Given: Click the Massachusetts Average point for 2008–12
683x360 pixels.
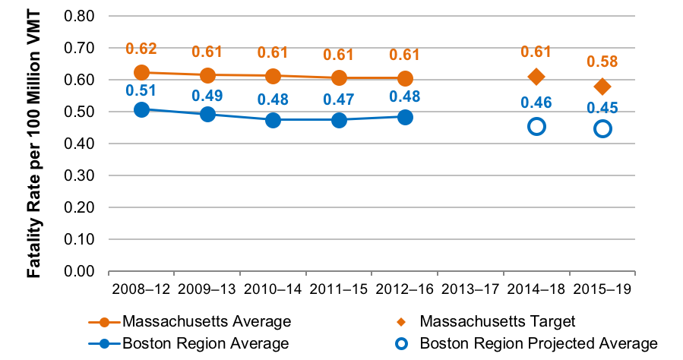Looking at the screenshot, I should [141, 73].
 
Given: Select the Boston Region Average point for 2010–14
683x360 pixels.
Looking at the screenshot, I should [274, 120].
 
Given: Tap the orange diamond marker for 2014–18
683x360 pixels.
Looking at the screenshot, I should [536, 77].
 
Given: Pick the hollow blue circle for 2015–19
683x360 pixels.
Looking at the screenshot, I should [602, 128].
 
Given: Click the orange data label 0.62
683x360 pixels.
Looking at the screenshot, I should [141, 49].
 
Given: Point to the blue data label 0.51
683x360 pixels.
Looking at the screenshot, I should [141, 91].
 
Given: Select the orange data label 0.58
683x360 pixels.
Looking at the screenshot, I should [602, 62].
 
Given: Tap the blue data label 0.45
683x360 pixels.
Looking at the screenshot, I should [602, 108].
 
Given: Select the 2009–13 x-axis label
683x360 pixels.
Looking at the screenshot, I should [207, 289].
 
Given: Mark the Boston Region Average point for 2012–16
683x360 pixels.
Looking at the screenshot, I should [405, 117].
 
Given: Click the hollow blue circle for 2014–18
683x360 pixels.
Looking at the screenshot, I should [536, 126].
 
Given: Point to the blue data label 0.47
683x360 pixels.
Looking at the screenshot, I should [339, 99].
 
